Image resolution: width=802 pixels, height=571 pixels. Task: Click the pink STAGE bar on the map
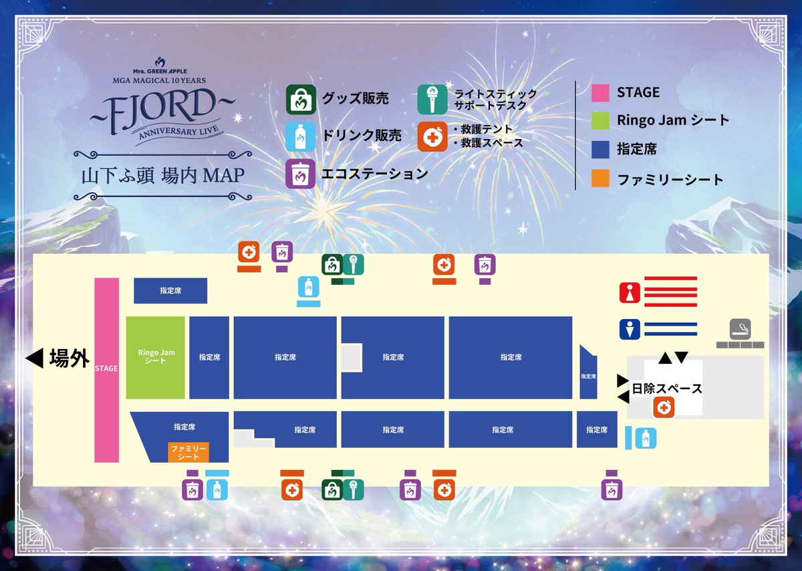(106, 370)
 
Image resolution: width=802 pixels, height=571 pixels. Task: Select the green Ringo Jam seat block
(155, 358)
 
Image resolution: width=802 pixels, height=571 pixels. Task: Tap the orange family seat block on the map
(188, 451)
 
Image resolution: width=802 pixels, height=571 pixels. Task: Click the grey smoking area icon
(740, 328)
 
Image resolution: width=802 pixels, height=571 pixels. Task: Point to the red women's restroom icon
(630, 292)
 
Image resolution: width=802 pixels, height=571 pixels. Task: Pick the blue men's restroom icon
(630, 328)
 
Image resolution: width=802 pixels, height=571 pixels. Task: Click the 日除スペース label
(666, 388)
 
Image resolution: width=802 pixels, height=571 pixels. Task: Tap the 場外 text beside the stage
(69, 359)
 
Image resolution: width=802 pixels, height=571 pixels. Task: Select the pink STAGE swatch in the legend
(600, 92)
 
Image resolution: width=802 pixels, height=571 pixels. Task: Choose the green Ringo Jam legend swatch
(600, 121)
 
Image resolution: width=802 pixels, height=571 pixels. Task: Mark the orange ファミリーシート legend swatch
(600, 179)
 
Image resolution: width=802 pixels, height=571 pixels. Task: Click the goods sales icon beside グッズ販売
(301, 100)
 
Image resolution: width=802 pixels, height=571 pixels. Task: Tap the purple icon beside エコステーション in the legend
(301, 173)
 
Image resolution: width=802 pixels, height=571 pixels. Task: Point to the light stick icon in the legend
(432, 100)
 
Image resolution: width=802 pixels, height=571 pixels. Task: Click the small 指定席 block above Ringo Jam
(170, 291)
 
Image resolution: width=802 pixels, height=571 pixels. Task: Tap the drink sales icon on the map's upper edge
(308, 288)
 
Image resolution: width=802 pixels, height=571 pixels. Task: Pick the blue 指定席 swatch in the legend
(600, 150)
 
